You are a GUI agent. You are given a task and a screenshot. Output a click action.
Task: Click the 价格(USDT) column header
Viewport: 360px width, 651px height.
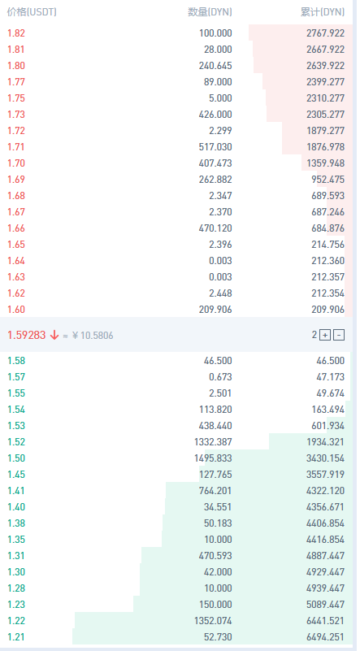[32, 12]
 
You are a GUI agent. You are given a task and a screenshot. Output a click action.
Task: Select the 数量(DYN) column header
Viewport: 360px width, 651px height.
[210, 12]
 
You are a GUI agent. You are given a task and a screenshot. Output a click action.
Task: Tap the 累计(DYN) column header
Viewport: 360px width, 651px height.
[323, 12]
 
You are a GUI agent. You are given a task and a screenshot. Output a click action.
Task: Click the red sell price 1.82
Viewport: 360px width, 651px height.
[16, 33]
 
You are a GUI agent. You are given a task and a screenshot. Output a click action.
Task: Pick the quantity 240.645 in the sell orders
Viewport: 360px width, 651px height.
[215, 66]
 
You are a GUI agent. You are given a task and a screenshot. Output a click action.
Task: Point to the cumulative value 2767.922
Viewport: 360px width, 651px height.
[326, 33]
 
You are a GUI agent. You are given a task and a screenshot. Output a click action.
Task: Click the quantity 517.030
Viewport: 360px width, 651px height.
[215, 147]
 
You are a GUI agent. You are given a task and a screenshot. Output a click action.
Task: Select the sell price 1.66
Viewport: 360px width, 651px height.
[16, 228]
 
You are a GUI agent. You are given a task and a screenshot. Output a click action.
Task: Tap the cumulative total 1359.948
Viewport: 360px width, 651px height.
[326, 163]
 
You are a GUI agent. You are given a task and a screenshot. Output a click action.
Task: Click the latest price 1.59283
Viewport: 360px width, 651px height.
[27, 335]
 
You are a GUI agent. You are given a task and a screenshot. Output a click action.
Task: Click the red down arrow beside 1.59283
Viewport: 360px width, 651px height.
[54, 335]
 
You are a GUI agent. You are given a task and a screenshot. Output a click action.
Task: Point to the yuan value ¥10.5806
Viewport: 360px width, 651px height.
[92, 335]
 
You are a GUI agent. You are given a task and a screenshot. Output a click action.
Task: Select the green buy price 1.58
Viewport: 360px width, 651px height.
[16, 360]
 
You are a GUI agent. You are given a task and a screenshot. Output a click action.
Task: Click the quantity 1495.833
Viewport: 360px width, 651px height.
[213, 458]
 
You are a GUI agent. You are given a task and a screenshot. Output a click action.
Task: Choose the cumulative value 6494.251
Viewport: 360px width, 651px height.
[326, 637]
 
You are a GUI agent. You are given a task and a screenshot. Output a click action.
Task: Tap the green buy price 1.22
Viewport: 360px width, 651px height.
[16, 621]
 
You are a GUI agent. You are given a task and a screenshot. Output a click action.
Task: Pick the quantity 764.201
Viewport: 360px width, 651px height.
[215, 490]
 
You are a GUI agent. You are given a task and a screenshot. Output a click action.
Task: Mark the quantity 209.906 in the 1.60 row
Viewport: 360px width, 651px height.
[215, 310]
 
